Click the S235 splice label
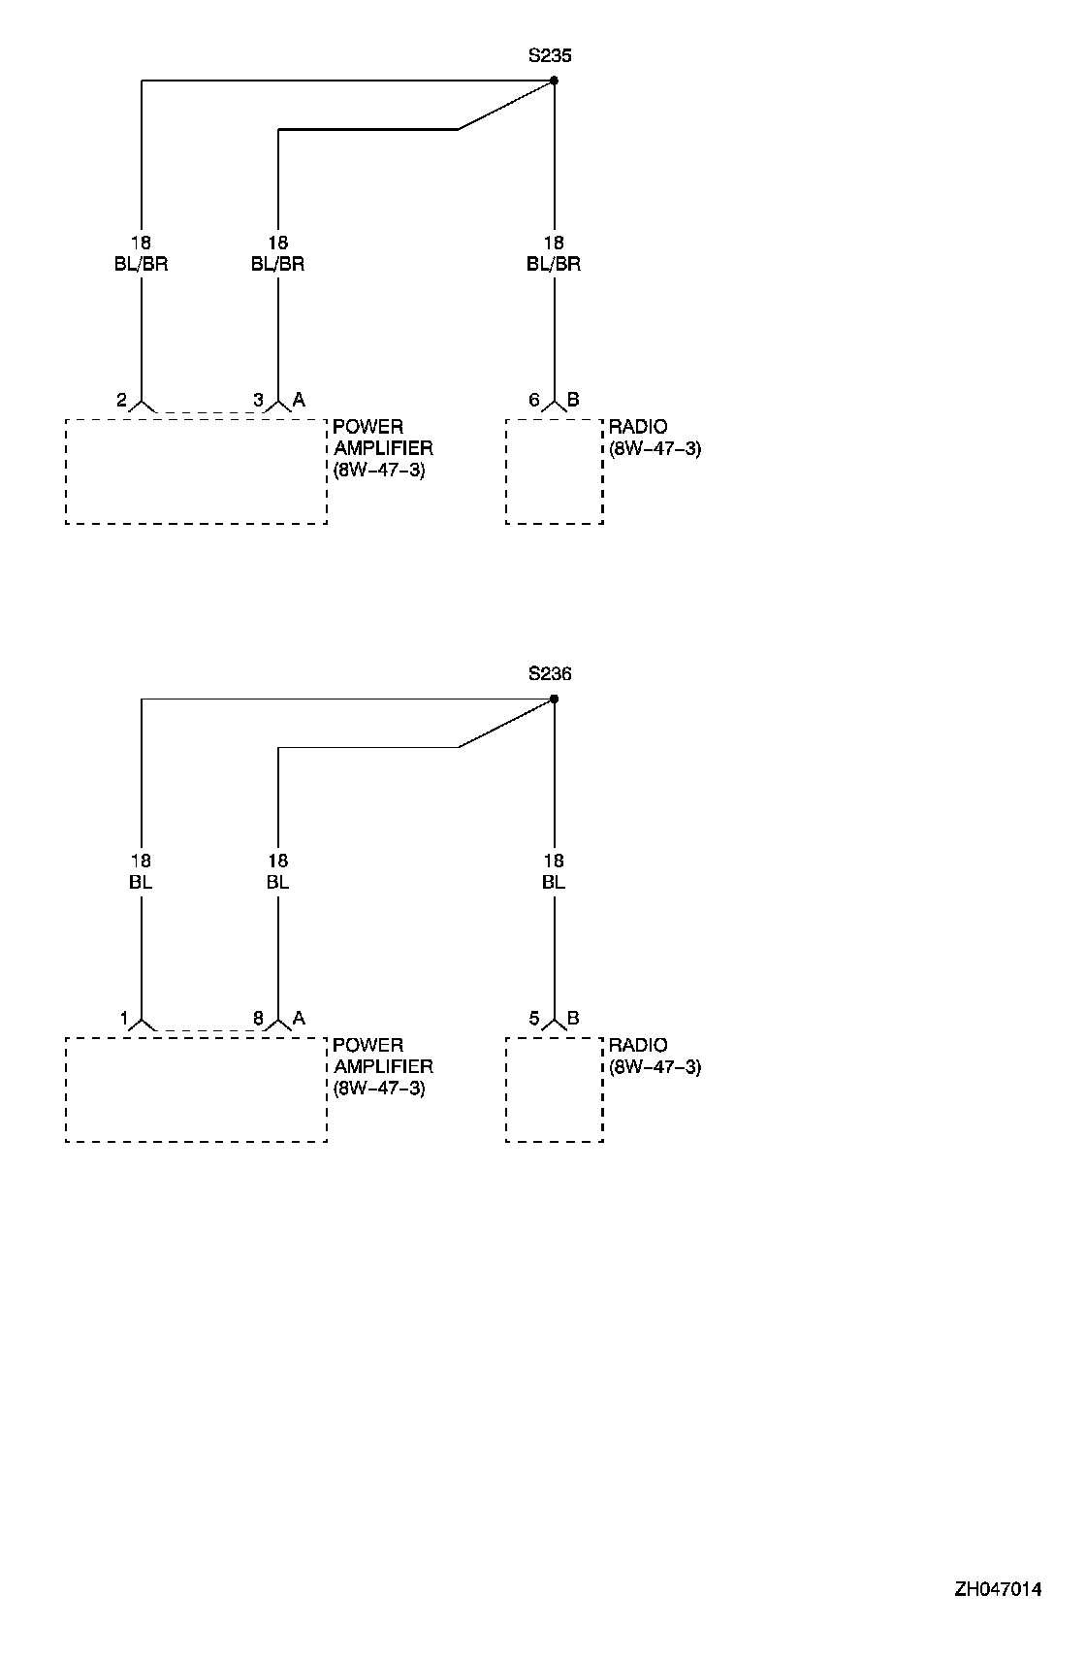[550, 56]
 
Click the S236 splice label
[550, 674]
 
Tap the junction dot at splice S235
[554, 81]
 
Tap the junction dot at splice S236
[554, 699]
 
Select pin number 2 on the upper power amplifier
[121, 400]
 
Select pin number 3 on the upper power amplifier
[258, 400]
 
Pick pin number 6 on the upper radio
[534, 400]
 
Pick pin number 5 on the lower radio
[534, 1019]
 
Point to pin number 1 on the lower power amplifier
[124, 1019]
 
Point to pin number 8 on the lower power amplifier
[258, 1019]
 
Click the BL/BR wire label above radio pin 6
[554, 264]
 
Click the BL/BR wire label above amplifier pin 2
[142, 264]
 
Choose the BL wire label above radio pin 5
[554, 882]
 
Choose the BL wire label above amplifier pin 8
[278, 882]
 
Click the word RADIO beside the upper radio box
[638, 428]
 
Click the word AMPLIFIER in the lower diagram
[383, 1066]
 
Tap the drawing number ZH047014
[998, 1589]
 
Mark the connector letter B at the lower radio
[573, 1019]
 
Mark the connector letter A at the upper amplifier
[299, 400]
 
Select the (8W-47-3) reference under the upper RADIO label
[655, 449]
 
